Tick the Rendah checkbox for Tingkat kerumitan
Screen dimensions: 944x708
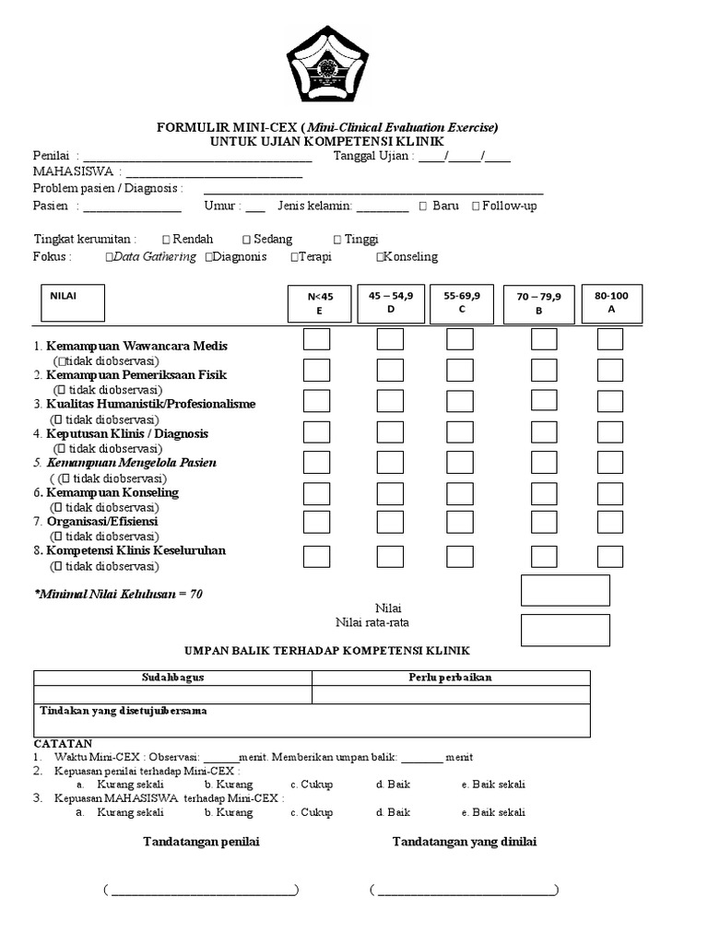click(166, 239)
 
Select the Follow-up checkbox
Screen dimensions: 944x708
click(476, 206)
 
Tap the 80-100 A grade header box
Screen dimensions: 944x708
click(611, 303)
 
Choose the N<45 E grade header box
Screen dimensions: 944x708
click(320, 303)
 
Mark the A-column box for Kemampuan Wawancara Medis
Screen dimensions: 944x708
click(609, 339)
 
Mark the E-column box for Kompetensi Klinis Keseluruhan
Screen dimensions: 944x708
click(317, 556)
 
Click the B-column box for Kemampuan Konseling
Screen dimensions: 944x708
click(544, 493)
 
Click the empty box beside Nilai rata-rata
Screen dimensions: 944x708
click(564, 630)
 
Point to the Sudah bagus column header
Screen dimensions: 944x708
click(172, 678)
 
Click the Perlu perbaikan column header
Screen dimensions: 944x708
click(450, 678)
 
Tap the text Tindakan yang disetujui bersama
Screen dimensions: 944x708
click(123, 711)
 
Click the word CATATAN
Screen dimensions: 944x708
click(63, 743)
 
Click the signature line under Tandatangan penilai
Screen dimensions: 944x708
click(202, 891)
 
